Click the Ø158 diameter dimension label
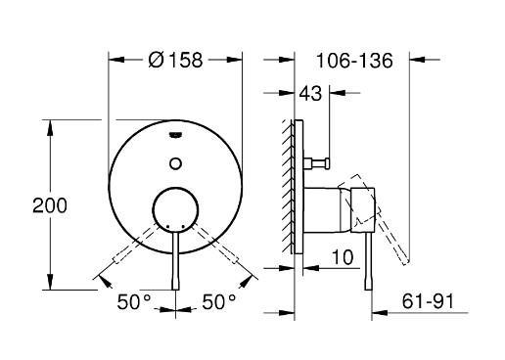tap(176, 61)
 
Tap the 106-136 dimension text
tap(355, 61)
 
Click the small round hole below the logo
tap(174, 159)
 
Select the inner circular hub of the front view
tap(174, 209)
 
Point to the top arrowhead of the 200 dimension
tap(47, 124)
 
